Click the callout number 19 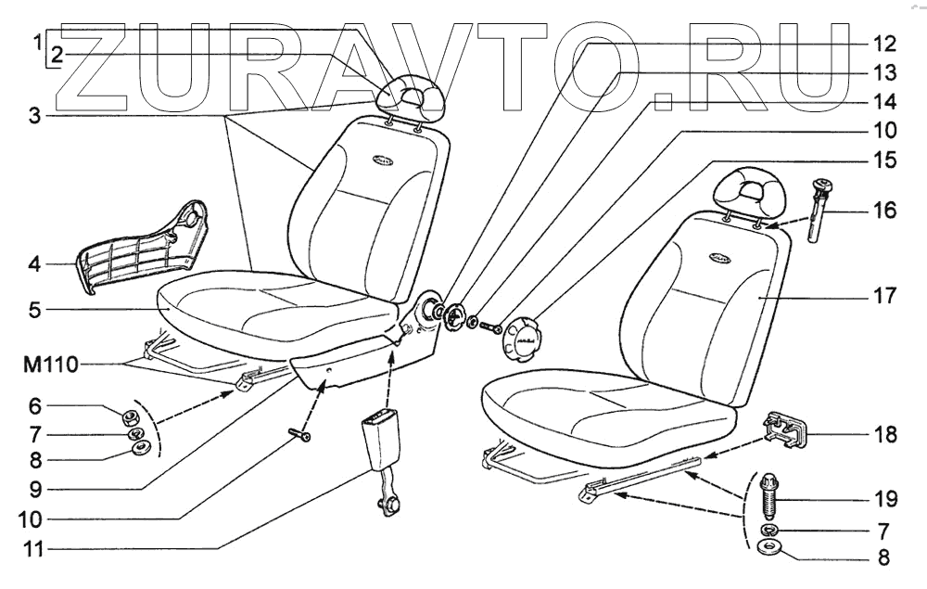point(884,499)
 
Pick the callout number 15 point(884,159)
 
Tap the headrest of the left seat point(410,96)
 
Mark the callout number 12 point(884,44)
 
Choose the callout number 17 point(884,297)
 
